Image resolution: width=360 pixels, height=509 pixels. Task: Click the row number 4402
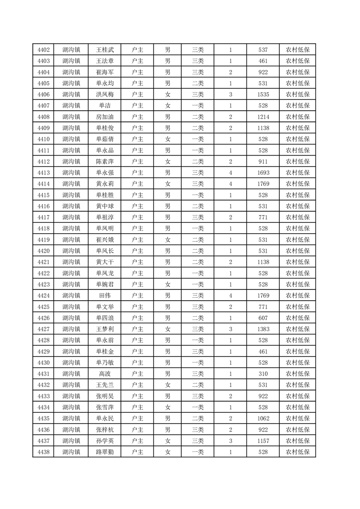(44, 50)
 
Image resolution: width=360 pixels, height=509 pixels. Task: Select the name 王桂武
(105, 50)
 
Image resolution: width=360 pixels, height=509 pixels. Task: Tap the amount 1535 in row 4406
(263, 94)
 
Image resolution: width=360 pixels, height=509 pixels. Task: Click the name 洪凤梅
(105, 94)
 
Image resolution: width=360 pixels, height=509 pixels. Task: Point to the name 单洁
(105, 106)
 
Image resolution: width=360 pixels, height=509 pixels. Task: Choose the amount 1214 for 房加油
(263, 117)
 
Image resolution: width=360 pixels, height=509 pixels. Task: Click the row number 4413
(44, 173)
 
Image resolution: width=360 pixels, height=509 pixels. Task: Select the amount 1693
(263, 173)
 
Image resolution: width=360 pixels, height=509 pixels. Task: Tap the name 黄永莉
(105, 184)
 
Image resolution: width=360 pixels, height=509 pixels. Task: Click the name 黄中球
(105, 206)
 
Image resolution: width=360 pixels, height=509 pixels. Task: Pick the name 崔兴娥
(105, 240)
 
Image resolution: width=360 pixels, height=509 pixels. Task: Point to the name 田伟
(105, 296)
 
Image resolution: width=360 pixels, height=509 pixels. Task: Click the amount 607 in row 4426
(263, 318)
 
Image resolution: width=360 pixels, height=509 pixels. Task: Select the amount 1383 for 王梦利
(263, 329)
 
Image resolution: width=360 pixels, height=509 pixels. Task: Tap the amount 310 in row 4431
(263, 374)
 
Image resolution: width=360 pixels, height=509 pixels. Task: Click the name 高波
(105, 374)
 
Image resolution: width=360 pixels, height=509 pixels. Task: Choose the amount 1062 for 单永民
(263, 418)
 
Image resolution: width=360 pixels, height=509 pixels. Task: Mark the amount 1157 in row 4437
(263, 441)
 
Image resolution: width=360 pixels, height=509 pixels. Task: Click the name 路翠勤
(105, 452)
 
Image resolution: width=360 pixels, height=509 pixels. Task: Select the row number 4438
(44, 452)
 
